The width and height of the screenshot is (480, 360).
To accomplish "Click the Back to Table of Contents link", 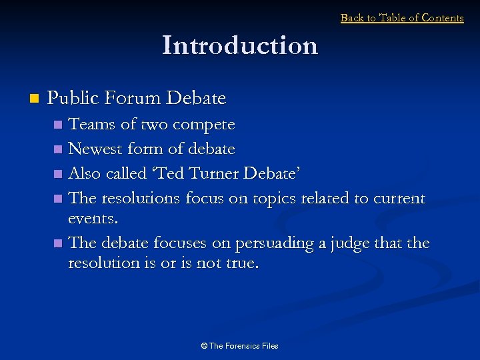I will (402, 18).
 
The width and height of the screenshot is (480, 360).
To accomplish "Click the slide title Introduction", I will (240, 45).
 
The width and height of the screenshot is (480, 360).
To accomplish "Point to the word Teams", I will (91, 125).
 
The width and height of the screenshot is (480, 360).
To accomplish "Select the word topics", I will (271, 199).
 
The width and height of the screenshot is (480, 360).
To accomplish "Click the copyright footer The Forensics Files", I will (239, 346).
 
